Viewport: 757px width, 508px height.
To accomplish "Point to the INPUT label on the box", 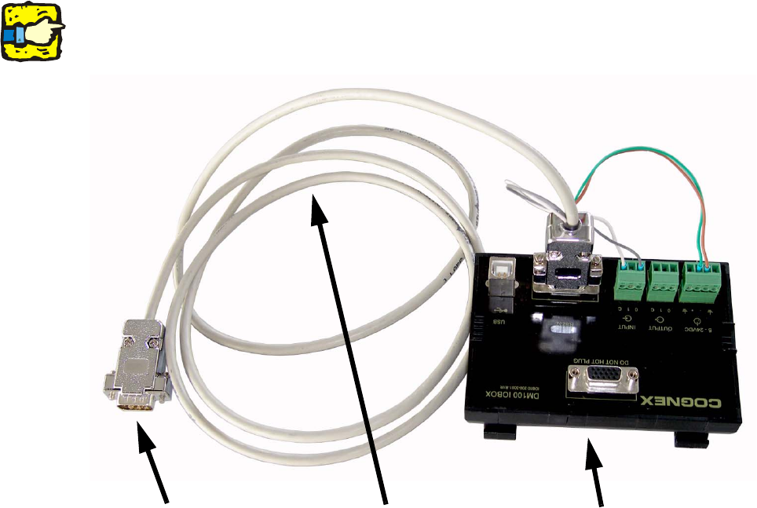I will tap(628, 322).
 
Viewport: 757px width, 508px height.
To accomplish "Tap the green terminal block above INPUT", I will tap(631, 281).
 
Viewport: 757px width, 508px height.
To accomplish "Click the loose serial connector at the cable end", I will tap(138, 365).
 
